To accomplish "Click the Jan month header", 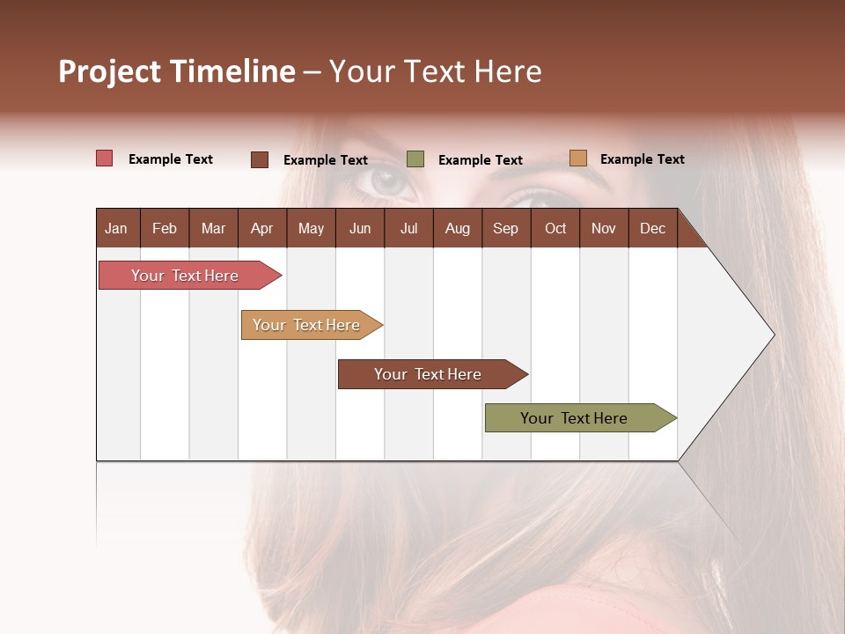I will pos(116,228).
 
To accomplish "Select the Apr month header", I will pos(261,228).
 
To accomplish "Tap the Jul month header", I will pos(408,228).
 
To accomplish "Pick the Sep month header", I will pos(505,228).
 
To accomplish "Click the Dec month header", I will pos(652,228).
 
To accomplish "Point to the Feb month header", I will pos(165,228).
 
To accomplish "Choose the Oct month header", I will pos(555,228).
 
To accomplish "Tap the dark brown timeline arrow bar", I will pos(429,374).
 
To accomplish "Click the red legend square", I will pos(104,158).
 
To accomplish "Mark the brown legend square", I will pos(260,159).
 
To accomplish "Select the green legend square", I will pos(415,159).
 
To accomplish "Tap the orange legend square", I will pos(577,158).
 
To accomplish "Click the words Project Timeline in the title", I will pos(176,71).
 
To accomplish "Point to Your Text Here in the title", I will pos(435,71).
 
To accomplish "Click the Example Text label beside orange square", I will pos(642,158).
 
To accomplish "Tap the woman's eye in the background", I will pos(387,181).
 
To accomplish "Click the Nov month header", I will pos(604,228).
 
